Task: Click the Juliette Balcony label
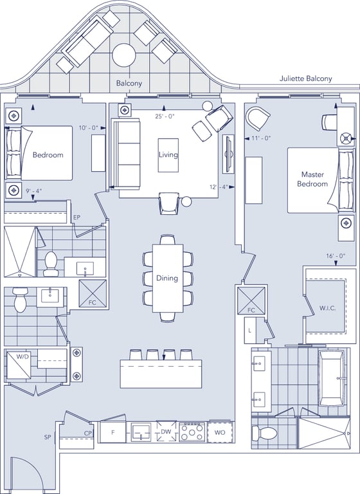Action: coord(305,78)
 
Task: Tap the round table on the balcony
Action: coord(124,55)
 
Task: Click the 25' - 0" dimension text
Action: coord(165,116)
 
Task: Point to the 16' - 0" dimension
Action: coord(336,256)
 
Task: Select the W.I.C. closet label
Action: coord(327,309)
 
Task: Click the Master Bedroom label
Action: coord(312,179)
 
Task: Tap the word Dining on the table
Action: coord(167,278)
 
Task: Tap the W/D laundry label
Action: coord(22,357)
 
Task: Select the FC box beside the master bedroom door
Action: coord(251,300)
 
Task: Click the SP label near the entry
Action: coord(48,437)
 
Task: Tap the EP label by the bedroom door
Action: coord(76,217)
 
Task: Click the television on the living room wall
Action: coord(229,154)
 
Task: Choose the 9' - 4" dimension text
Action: coord(33,190)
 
